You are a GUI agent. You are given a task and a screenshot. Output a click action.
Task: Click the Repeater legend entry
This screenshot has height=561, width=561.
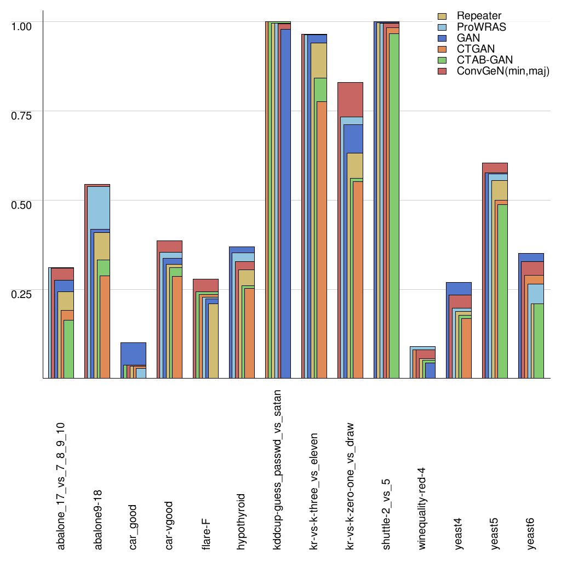pos(479,16)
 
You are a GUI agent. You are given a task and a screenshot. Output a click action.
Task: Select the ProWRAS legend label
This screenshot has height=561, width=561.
pos(482,27)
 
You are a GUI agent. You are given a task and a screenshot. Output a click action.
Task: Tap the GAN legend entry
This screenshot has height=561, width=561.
pos(468,38)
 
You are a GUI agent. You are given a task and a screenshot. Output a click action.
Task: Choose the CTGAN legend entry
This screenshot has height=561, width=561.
pos(474,49)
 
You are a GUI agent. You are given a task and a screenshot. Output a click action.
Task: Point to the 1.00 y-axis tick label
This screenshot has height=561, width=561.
pos(22,26)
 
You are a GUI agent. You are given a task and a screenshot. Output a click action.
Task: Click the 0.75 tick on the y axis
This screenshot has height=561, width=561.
pos(22,115)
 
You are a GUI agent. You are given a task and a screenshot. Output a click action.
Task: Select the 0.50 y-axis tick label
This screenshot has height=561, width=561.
pos(22,204)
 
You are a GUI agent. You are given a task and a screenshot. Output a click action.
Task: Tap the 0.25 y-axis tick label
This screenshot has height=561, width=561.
pos(22,294)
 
